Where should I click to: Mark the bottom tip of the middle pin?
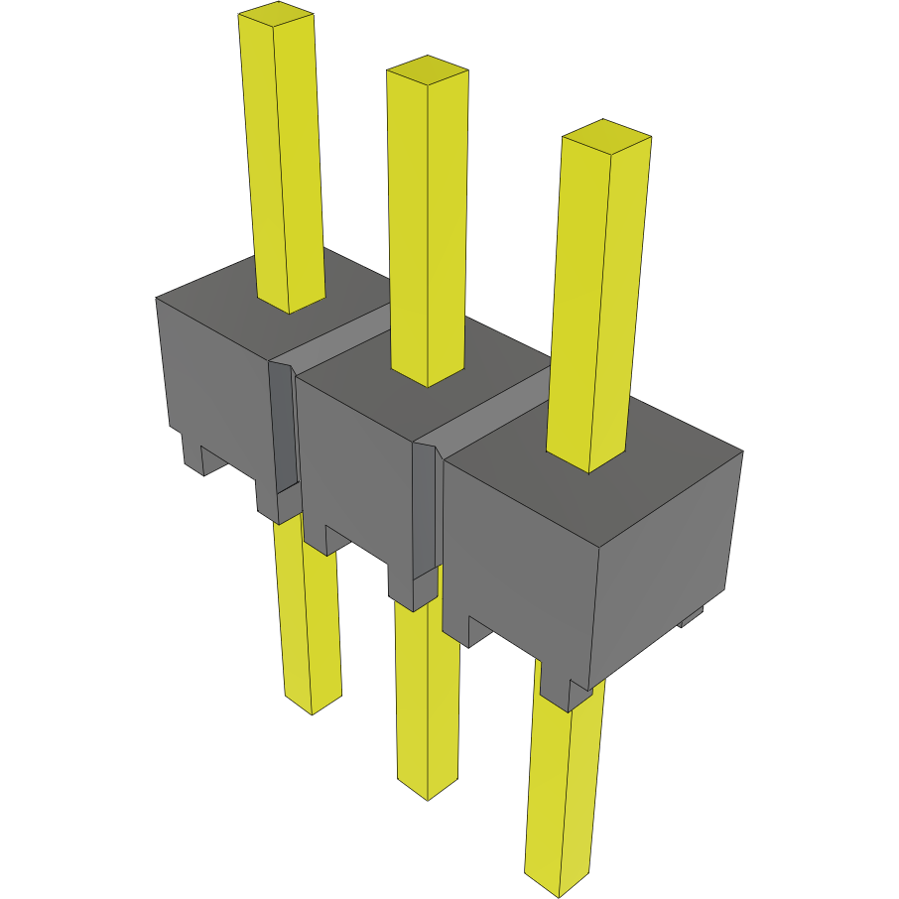[x=429, y=790]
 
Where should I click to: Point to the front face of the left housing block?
[x=213, y=377]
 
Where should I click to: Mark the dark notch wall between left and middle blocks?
[x=283, y=427]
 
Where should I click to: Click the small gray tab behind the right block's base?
[x=692, y=617]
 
